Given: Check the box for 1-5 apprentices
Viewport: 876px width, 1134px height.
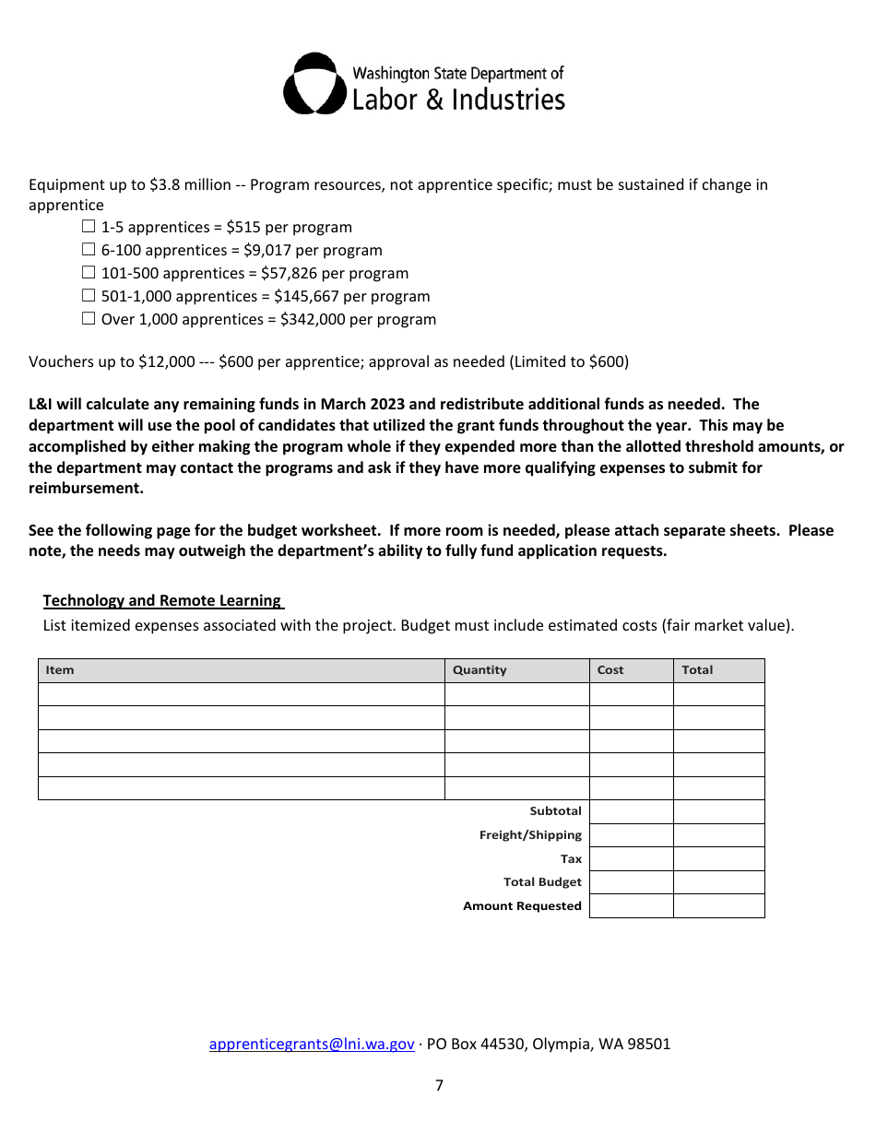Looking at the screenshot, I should [x=89, y=227].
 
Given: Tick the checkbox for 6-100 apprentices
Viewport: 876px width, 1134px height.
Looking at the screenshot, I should [x=89, y=250].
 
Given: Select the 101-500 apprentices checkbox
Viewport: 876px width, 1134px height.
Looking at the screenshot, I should [x=89, y=273].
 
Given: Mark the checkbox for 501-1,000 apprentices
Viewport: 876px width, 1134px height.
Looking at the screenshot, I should [x=89, y=296].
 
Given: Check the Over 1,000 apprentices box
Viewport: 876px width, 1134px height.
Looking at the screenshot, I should [x=89, y=319].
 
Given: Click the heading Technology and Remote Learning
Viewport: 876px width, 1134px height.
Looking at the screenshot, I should [x=162, y=601].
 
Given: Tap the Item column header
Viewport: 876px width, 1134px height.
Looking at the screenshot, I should [x=60, y=670].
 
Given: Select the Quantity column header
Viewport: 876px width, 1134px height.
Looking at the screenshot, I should [x=479, y=670].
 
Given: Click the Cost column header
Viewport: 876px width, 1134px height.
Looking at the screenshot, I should [x=610, y=670].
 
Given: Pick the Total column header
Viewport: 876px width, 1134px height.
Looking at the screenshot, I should [x=697, y=670].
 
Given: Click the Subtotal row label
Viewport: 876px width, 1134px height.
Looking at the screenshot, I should [x=555, y=811].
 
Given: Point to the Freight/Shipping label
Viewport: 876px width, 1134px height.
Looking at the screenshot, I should [x=530, y=835].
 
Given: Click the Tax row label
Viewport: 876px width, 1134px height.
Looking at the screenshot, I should [x=572, y=859].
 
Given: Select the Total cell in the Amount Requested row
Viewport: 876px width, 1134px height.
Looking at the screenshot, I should [x=718, y=906].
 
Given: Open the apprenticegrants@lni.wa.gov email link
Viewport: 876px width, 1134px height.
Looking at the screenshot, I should [x=312, y=1045].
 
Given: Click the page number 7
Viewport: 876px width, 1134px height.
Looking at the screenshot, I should [x=439, y=1086].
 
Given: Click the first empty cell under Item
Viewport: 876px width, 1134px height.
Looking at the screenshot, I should [x=241, y=694].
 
